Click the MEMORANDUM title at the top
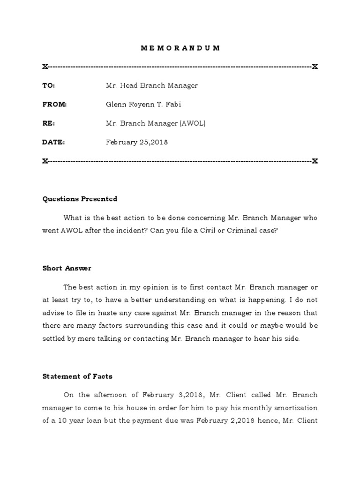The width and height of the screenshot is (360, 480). (180, 48)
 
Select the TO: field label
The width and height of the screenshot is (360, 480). (49, 86)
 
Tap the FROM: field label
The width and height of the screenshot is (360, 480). (54, 105)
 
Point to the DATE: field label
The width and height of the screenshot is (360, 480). (54, 142)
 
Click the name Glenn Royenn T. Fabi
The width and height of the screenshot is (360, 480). (143, 105)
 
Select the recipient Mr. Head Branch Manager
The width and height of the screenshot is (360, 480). (152, 86)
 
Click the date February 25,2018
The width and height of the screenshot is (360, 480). (137, 142)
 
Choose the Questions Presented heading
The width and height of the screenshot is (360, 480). (80, 199)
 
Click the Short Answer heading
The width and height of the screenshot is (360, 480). (67, 268)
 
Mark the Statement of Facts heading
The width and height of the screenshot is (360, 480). (77, 376)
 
